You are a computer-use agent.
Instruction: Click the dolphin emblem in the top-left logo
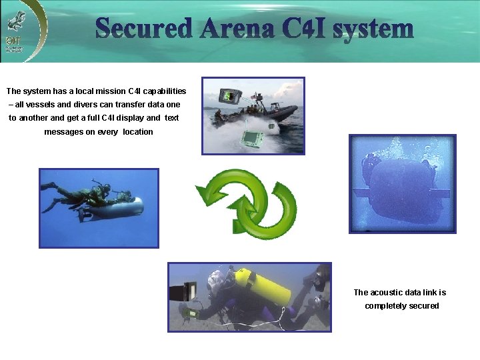[13, 22]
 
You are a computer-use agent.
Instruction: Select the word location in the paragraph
[138, 132]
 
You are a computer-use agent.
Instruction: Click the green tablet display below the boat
[252, 139]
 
